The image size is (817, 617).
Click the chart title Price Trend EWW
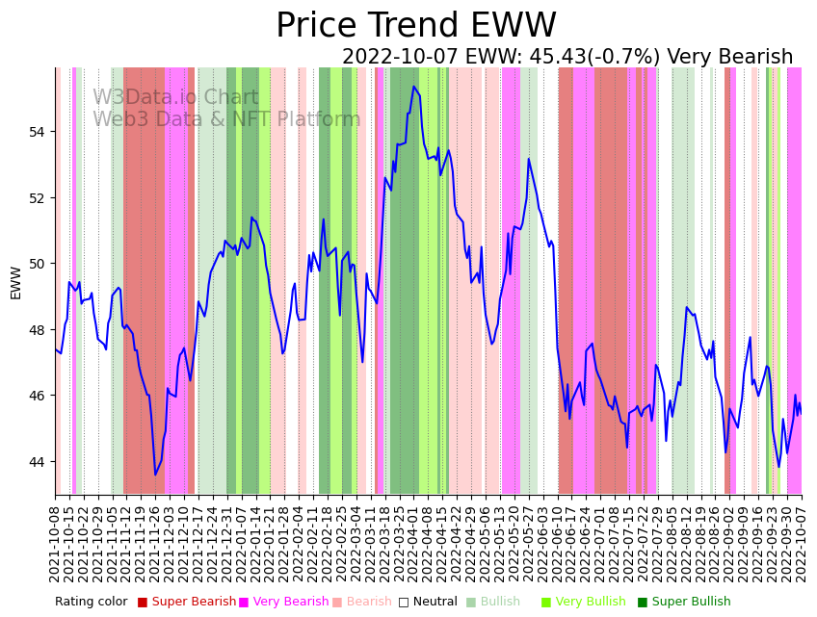click(416, 26)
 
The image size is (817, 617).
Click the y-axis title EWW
click(15, 282)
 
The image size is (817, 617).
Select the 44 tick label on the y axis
click(39, 462)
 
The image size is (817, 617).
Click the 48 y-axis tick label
click(39, 330)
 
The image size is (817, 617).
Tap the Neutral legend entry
click(429, 603)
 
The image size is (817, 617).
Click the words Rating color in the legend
click(91, 603)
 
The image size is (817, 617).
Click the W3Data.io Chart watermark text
click(175, 98)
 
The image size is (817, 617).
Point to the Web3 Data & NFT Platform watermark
click(226, 120)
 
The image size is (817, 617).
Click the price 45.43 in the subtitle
click(553, 58)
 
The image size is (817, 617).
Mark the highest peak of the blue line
click(414, 87)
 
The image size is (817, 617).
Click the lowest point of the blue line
click(155, 475)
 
